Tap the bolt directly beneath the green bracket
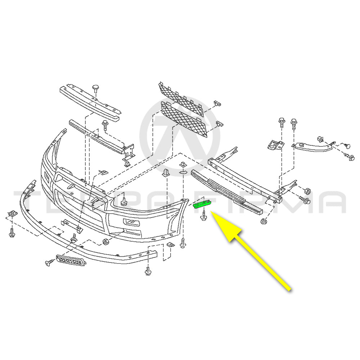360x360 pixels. point(203,216)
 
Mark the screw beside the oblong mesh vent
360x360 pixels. point(48,264)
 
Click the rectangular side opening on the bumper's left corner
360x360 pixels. point(47,178)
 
